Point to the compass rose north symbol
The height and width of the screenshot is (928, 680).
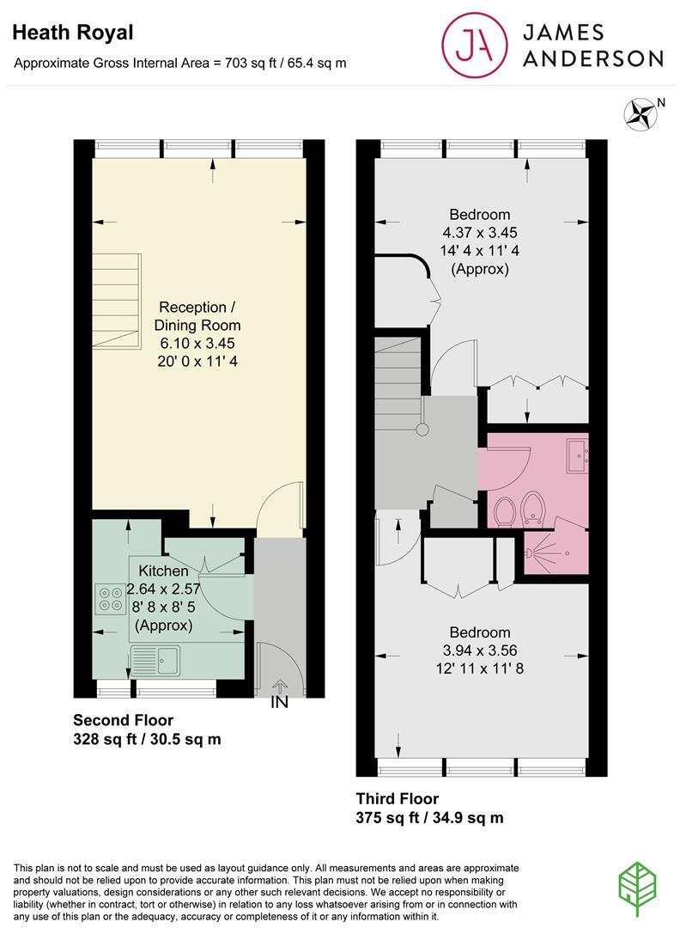click(x=638, y=114)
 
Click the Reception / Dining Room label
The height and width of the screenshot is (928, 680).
click(x=197, y=316)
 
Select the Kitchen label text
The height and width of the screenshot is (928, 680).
click(x=163, y=571)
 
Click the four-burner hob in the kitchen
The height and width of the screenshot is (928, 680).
click(x=109, y=598)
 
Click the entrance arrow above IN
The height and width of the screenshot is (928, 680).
click(x=280, y=686)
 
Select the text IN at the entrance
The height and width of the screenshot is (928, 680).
click(x=280, y=702)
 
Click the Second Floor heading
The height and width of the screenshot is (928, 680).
click(x=123, y=720)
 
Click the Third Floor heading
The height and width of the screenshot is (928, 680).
click(x=397, y=798)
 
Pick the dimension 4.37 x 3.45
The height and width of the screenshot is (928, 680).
click(x=480, y=232)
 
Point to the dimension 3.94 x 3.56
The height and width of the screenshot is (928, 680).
click(x=480, y=650)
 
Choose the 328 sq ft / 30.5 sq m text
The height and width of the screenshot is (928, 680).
click(x=147, y=739)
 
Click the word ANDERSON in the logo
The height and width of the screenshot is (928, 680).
click(x=593, y=58)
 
